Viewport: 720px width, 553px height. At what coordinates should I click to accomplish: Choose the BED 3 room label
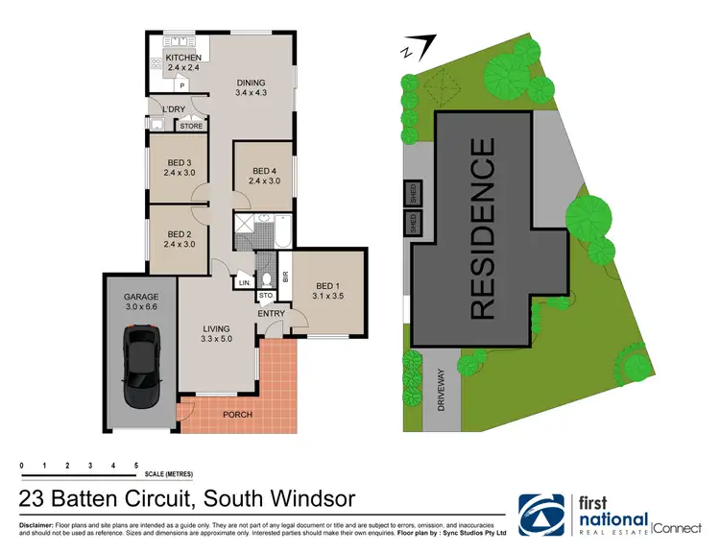pyautogui.click(x=180, y=168)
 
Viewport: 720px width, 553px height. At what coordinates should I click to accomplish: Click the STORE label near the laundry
pyautogui.click(x=192, y=126)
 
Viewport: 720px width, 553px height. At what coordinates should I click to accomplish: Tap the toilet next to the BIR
pyautogui.click(x=269, y=277)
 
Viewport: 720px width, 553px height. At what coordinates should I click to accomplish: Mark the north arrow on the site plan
pyautogui.click(x=420, y=44)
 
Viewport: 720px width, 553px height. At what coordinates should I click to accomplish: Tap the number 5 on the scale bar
pyautogui.click(x=136, y=465)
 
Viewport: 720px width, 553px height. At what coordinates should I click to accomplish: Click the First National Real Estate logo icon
pyautogui.click(x=545, y=515)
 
